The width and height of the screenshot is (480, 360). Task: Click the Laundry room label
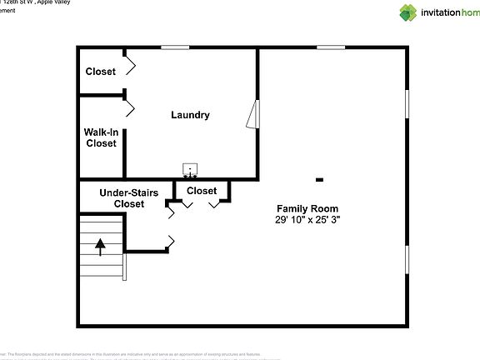tap(190, 115)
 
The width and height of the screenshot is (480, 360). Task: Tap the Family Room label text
tap(307, 207)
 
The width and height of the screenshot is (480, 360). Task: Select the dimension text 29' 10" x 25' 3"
tap(307, 219)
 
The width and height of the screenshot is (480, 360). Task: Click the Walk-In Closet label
tap(100, 137)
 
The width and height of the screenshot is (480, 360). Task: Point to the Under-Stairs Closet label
tap(129, 197)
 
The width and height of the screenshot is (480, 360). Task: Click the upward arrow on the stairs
tap(101, 247)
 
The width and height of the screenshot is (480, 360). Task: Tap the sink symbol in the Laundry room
tap(191, 171)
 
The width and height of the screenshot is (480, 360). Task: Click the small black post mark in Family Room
tap(319, 179)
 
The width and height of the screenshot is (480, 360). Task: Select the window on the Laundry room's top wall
tap(174, 47)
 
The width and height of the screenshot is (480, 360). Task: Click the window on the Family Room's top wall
tap(331, 47)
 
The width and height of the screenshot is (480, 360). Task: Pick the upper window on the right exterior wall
tap(407, 109)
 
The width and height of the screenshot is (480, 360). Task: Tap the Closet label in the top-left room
tap(100, 72)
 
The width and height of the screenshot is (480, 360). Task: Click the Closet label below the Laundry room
tap(202, 191)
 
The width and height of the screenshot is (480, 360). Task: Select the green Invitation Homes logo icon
tap(408, 12)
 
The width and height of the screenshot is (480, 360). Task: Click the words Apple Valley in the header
tap(49, 2)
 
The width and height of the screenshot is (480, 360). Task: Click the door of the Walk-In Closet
tap(129, 107)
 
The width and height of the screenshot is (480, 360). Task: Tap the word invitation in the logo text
tap(441, 12)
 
